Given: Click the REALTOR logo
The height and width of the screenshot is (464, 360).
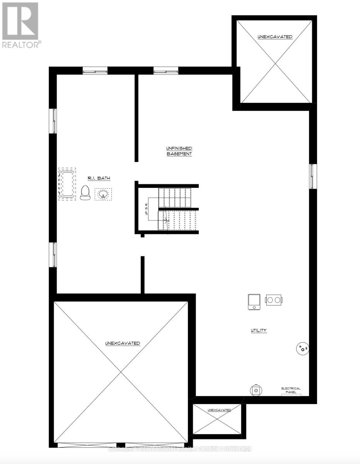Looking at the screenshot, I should (20, 25).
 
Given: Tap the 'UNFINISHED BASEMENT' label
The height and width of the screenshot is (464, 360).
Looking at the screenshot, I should (179, 151).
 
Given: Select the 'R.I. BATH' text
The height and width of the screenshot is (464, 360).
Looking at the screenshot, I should (99, 178).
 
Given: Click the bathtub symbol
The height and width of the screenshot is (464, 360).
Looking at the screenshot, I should (67, 184).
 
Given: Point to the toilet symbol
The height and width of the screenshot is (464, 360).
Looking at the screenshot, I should (85, 193).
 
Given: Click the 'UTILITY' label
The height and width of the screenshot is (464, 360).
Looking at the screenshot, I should (258, 331).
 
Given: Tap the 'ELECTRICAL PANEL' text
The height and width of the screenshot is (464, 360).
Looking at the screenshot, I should (291, 390).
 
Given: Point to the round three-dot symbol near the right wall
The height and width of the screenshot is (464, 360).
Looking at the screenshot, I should (302, 349).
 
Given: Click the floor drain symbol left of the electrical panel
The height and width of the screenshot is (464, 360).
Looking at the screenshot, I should (256, 390).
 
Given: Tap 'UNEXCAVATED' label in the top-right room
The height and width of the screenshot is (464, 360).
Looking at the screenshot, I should (275, 37).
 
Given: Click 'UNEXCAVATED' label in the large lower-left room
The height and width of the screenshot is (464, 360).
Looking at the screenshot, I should (123, 343).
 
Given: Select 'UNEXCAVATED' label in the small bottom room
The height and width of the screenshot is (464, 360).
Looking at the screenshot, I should (219, 410).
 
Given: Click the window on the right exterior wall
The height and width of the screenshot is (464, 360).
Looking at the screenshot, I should (313, 176).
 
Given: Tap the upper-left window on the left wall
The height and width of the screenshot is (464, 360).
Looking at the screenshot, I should (54, 121).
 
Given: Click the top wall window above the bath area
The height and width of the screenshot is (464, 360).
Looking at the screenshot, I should (95, 70).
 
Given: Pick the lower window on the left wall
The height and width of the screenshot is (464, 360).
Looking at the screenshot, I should (54, 254).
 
